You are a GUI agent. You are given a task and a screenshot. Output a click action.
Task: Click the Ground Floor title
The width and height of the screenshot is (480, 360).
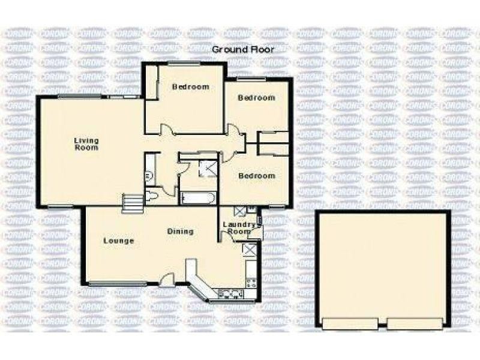pos(243,50)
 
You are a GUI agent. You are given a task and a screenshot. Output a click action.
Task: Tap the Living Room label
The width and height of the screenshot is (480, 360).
pos(86,145)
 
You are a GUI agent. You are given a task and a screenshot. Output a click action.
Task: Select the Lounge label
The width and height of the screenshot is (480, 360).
pos(118,241)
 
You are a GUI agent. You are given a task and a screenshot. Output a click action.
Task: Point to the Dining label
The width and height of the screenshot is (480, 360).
pos(180,231)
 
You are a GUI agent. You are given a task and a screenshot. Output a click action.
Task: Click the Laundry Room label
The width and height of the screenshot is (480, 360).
pos(236,228)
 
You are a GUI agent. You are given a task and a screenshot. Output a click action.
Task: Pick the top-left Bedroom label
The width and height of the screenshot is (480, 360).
pos(191,87)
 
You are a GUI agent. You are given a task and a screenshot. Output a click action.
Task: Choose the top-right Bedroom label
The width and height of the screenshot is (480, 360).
pos(256,98)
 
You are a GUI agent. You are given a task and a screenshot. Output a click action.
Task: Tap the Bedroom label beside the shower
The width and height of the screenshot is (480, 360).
pos(257,176)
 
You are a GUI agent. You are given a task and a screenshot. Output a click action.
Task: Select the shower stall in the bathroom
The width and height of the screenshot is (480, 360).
pos(208,169)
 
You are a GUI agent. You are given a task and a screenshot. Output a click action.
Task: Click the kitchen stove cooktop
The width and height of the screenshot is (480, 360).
pos(251,281)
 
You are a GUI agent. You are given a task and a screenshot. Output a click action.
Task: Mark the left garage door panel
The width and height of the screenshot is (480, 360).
pos(350,324)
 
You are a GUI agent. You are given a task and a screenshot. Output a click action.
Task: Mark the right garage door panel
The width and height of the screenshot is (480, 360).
pos(416,324)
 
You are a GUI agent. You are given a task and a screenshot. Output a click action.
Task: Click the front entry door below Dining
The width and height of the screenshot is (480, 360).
pos(169,278)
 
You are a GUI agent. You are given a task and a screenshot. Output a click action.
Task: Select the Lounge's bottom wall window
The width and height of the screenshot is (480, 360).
pos(118,284)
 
